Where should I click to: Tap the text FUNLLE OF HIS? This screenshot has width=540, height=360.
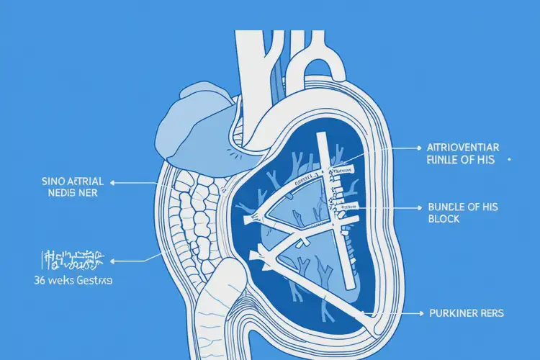tap(460, 161)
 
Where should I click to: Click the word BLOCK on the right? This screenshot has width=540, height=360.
tap(444, 219)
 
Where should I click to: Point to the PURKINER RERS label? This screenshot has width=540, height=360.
tap(466, 314)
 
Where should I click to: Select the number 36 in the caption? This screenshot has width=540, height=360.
tap(29, 280)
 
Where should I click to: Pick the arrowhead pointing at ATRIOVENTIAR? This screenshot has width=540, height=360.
tap(417, 147)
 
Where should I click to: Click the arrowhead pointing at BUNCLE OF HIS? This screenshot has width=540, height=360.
tap(417, 207)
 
